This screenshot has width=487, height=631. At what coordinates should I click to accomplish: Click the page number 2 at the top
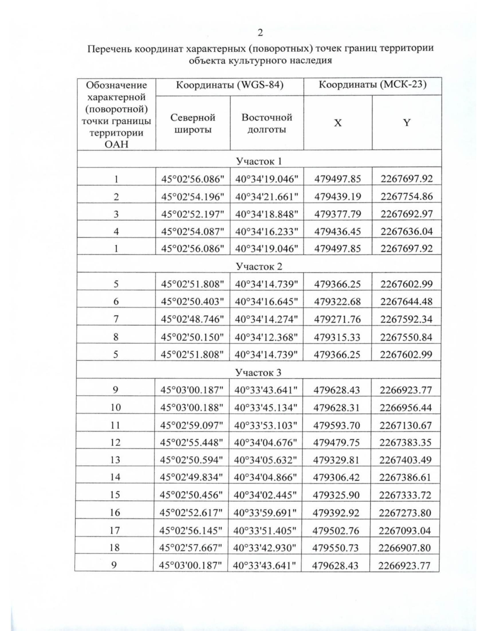point(260,33)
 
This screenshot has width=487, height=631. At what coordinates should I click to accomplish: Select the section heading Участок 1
point(259,161)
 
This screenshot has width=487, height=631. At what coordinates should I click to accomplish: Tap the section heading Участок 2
point(259,267)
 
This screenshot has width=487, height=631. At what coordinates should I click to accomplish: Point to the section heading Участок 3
point(259,373)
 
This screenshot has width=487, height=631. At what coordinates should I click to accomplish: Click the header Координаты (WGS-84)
point(230,86)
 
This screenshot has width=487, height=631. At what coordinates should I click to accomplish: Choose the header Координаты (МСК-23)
point(372,85)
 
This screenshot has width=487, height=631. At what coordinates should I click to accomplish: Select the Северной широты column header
point(193,124)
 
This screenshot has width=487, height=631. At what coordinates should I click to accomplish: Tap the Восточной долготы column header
point(267,124)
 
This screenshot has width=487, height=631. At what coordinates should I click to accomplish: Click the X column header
point(338,123)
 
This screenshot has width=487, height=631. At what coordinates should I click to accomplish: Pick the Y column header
point(407,123)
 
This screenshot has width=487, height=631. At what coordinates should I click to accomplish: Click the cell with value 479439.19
point(338,197)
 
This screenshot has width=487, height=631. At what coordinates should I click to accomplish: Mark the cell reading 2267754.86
point(407,197)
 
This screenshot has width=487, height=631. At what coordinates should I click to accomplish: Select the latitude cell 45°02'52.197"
point(193,214)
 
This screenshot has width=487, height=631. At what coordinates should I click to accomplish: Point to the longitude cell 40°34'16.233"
point(267,232)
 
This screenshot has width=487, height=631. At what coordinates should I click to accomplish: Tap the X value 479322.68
point(337,302)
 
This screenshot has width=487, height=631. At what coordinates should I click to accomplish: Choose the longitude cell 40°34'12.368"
point(266,337)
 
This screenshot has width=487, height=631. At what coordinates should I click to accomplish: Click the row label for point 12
point(115,442)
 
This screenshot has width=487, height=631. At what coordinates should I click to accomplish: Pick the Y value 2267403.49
point(405,460)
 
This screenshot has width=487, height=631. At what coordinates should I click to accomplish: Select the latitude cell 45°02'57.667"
point(191,548)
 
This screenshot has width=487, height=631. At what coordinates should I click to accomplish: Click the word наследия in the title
point(308,61)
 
